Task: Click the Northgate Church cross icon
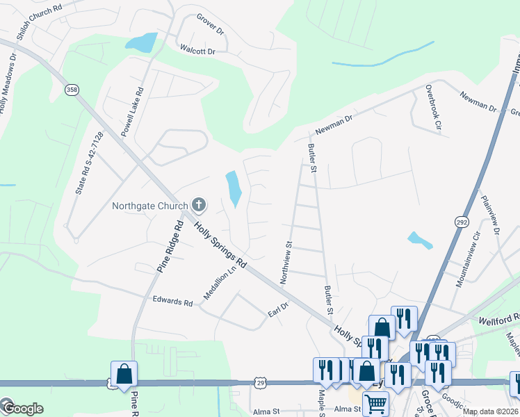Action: click(199, 205)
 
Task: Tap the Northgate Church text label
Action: click(150, 206)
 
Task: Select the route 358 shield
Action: click(71, 90)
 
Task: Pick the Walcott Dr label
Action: click(198, 51)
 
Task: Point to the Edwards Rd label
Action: click(172, 302)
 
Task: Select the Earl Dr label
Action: click(278, 310)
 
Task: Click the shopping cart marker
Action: click(376, 403)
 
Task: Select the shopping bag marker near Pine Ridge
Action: click(124, 374)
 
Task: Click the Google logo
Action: click(22, 408)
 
